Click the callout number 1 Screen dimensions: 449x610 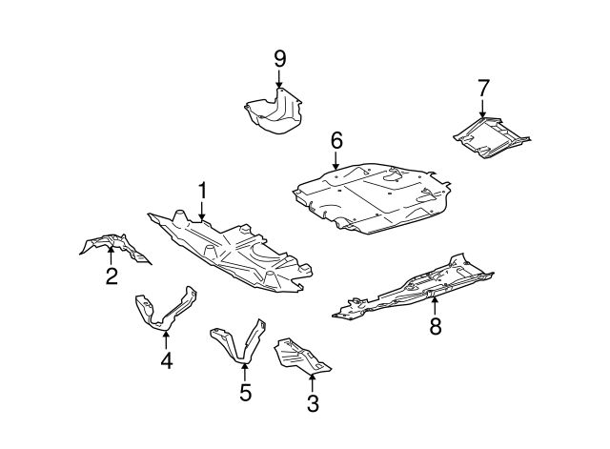click(202, 192)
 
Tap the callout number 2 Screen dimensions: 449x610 click(112, 276)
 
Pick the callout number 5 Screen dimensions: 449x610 click(245, 392)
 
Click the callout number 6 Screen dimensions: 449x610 click(335, 140)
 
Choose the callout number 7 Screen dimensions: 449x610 click(482, 89)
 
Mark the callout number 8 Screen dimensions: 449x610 click(435, 326)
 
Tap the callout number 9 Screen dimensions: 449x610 click(280, 59)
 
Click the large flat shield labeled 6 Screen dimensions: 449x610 click(372, 195)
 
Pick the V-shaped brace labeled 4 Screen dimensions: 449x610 click(164, 310)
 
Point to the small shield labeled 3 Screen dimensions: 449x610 click(301, 356)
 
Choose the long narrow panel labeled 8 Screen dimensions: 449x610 click(419, 286)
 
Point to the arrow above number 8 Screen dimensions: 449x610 click(435, 305)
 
